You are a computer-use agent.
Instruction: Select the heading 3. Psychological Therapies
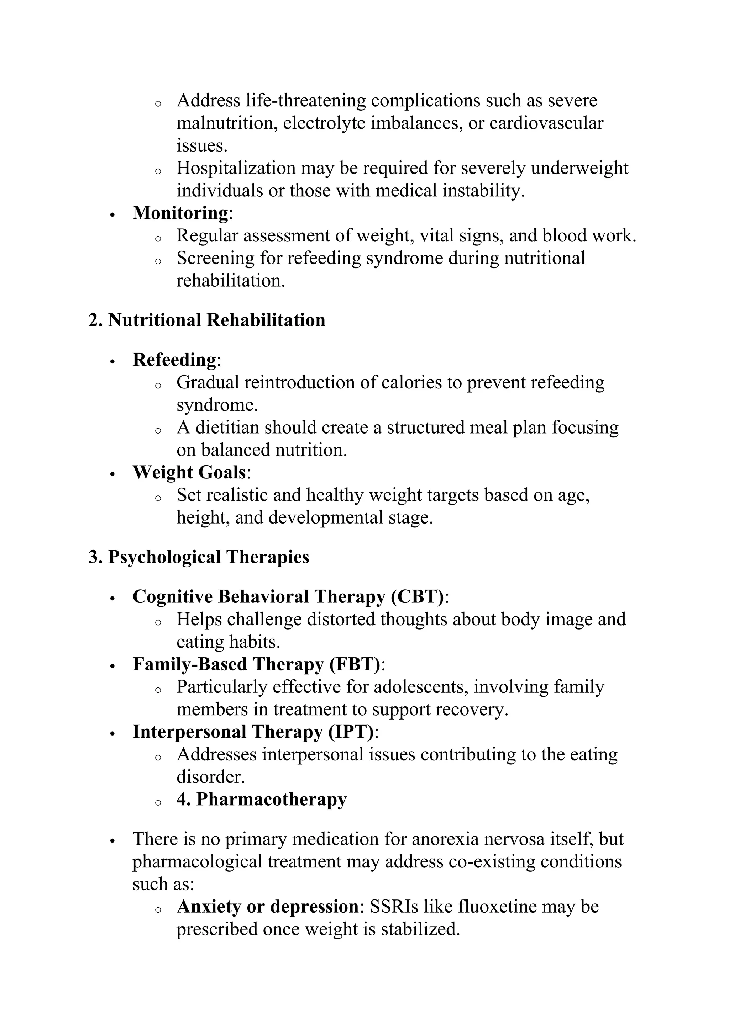click(x=199, y=557)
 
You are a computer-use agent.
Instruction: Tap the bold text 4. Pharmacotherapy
click(x=261, y=800)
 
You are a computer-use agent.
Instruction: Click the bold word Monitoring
click(x=180, y=213)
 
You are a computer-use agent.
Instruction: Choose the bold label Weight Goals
click(x=189, y=472)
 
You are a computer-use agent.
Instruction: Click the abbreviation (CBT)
click(x=418, y=597)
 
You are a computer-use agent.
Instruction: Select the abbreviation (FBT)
click(x=355, y=664)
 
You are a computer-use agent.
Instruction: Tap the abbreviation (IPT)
click(x=351, y=732)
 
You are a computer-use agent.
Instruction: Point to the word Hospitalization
click(x=235, y=168)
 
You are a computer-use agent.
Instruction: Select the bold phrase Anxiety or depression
click(x=268, y=906)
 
